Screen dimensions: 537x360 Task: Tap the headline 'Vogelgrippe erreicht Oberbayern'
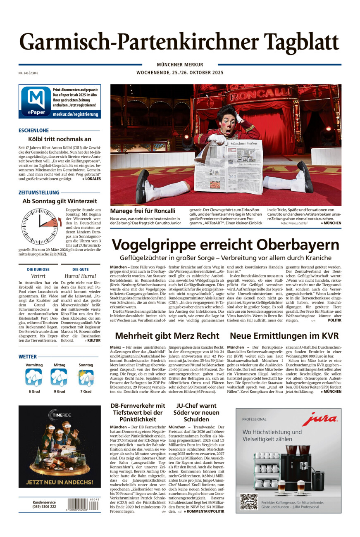(x=225, y=245)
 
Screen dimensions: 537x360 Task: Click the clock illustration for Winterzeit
(x=40, y=226)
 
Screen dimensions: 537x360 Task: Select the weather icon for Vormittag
(x=33, y=378)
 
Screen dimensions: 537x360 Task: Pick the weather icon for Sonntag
(x=86, y=378)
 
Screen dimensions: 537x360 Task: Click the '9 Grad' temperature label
(x=59, y=391)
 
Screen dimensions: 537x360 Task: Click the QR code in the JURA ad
(x=249, y=501)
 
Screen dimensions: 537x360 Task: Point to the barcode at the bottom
(x=83, y=505)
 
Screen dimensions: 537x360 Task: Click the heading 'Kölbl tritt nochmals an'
(x=60, y=139)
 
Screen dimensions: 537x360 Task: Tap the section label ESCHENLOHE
(x=33, y=131)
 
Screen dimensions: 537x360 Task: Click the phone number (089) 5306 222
(x=44, y=507)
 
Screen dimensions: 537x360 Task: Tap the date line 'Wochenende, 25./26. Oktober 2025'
(x=180, y=73)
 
